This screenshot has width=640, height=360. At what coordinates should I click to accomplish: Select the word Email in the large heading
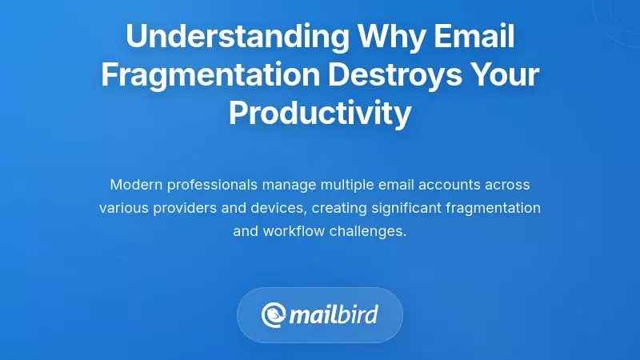click(475, 36)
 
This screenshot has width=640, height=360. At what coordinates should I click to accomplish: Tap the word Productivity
click(320, 113)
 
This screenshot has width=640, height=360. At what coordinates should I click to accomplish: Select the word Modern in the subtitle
click(134, 185)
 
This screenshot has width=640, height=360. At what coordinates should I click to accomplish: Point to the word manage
click(290, 185)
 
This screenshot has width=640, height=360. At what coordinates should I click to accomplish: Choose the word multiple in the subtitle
click(347, 185)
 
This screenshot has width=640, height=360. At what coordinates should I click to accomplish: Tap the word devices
click(279, 208)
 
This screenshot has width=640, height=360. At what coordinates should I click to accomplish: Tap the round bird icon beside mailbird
click(274, 314)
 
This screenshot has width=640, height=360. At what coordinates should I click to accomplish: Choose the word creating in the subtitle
click(339, 208)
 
